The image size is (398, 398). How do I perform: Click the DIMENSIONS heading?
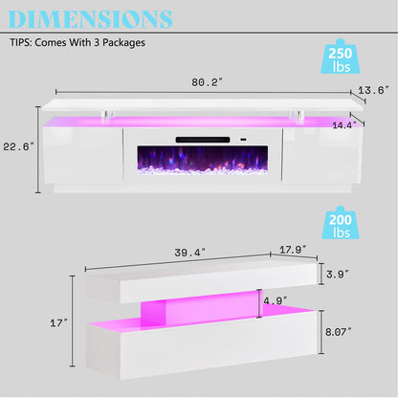(x=90, y=19)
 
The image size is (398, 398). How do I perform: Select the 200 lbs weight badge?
(x=341, y=223)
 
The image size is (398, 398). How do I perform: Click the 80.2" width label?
(x=207, y=82)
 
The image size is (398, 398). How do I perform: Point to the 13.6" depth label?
(x=373, y=90)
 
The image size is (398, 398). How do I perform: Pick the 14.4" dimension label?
(x=344, y=125)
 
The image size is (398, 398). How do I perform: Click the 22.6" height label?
(x=18, y=146)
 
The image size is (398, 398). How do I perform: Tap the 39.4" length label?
(x=190, y=253)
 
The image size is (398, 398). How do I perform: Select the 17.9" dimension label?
(x=293, y=250)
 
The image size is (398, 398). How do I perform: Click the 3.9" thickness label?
(x=338, y=274)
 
